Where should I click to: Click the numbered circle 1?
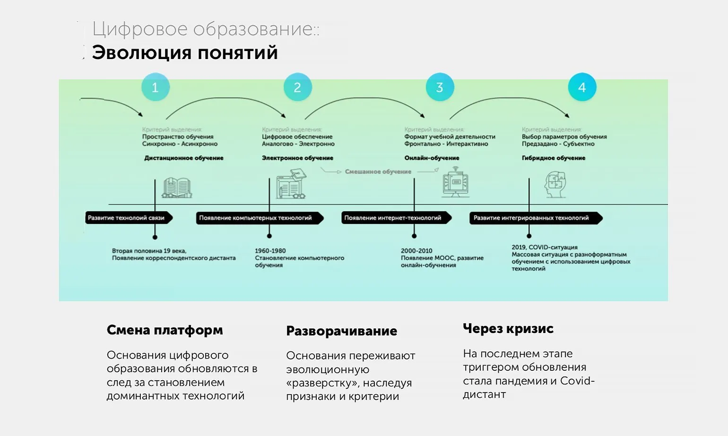[155, 87]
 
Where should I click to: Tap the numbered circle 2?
[297, 87]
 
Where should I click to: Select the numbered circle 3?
[440, 87]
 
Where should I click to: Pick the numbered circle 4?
[582, 87]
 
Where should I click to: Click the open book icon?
[177, 188]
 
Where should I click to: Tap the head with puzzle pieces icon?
[555, 185]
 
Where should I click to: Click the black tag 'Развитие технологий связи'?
[128, 218]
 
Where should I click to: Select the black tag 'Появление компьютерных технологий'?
[259, 218]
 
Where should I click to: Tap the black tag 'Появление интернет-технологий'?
[395, 218]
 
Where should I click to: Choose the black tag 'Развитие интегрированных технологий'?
[535, 218]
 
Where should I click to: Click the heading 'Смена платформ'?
[165, 330]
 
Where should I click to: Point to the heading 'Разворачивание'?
[341, 331]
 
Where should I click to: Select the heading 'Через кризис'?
[508, 328]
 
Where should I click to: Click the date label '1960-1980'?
[270, 251]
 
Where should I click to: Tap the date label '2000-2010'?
[416, 251]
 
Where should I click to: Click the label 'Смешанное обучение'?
[378, 171]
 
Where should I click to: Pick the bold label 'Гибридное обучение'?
[554, 158]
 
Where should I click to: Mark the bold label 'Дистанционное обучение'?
[184, 158]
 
